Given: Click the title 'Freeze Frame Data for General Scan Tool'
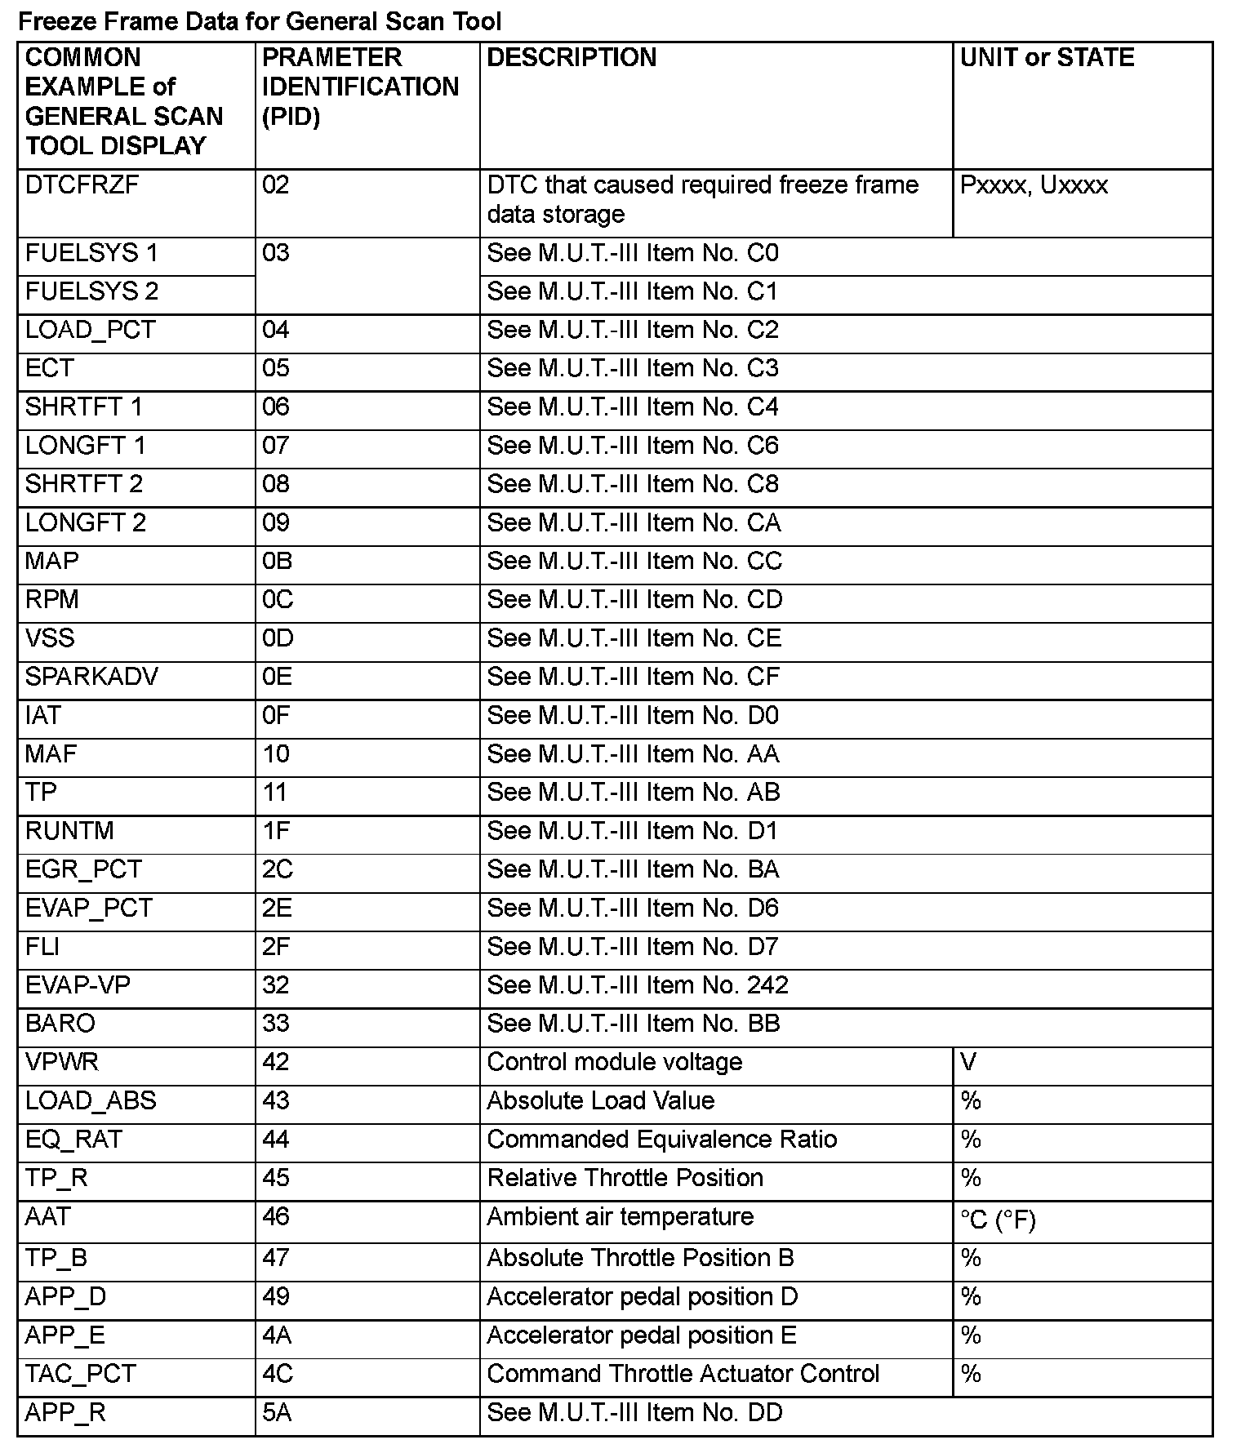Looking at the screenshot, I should (x=260, y=21).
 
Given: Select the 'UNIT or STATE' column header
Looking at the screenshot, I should (x=1047, y=58).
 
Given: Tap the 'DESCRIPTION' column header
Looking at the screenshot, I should (x=572, y=58).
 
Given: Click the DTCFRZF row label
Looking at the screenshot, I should (x=82, y=185).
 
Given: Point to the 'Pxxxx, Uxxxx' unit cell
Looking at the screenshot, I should (x=1034, y=185).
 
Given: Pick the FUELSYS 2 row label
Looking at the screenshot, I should (x=91, y=291).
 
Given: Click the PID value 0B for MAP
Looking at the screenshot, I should (x=277, y=562).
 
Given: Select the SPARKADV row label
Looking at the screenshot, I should (x=91, y=677).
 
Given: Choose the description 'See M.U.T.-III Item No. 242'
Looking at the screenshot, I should (x=638, y=985).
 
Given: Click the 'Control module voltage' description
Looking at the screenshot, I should (x=615, y=1062).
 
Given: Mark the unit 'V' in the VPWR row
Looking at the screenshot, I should (x=968, y=1062).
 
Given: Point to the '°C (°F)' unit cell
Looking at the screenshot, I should (x=998, y=1220).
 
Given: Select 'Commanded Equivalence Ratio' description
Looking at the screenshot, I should (x=662, y=1140).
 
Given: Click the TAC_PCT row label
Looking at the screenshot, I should (x=80, y=1374).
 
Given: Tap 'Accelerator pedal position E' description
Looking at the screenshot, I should (x=641, y=1335).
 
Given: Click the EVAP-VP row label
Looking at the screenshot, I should (x=78, y=985).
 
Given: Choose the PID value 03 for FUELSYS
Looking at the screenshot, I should (x=276, y=253).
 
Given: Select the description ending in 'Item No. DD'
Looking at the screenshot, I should (x=634, y=1413).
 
